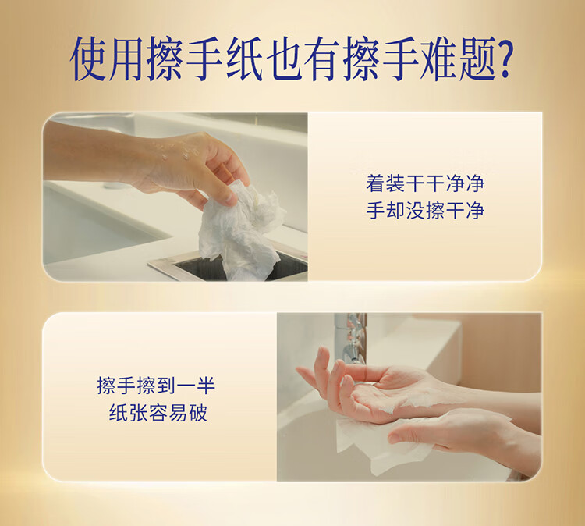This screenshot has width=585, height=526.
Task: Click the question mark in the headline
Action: coord(502,59)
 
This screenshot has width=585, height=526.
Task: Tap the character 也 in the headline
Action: coord(285,59)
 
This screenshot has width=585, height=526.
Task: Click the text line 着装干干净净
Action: coord(425,183)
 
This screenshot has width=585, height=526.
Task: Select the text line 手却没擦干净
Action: coord(425,211)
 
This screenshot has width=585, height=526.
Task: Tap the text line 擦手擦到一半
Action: coord(156,386)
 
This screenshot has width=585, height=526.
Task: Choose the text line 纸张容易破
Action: coord(158,412)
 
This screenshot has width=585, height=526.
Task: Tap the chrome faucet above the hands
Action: coord(351,338)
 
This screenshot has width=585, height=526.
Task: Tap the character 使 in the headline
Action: coord(87,59)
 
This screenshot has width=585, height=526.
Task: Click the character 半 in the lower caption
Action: coord(206,386)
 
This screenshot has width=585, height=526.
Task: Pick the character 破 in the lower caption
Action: coord(198,412)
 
